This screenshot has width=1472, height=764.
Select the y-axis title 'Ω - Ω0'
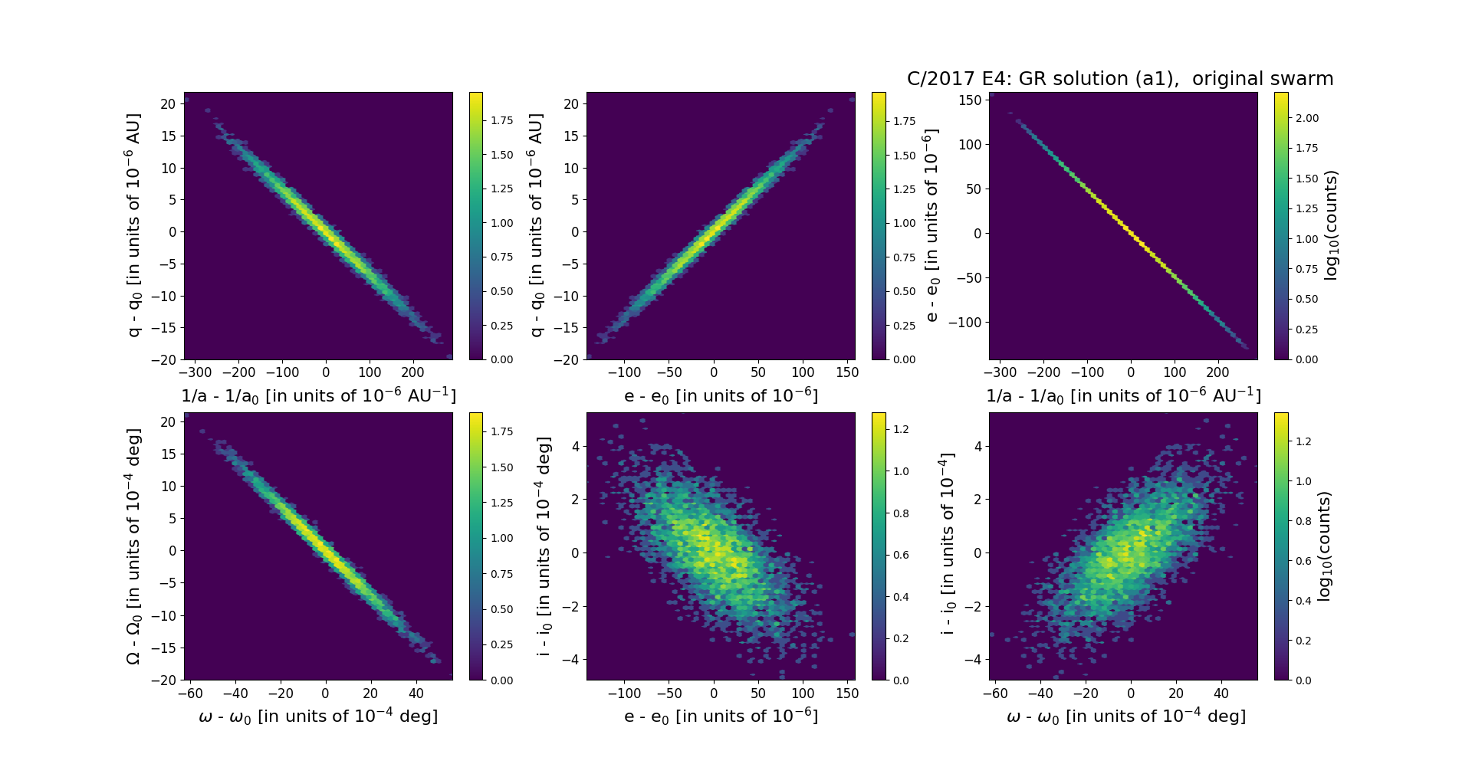click(x=133, y=546)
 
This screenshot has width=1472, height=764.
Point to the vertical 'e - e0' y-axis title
click(x=932, y=226)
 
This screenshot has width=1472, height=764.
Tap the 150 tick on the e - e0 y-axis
click(x=970, y=100)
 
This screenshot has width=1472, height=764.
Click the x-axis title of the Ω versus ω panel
click(x=318, y=716)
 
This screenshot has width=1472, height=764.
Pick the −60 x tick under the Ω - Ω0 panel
click(x=190, y=694)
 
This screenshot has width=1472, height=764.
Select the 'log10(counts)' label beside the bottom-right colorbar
click(x=1323, y=546)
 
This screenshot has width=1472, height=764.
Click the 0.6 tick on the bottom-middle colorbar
click(x=901, y=555)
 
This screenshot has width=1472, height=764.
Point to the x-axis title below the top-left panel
click(x=318, y=396)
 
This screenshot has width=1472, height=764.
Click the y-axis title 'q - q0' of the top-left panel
click(x=133, y=225)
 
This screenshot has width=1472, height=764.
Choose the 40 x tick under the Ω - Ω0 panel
click(x=416, y=694)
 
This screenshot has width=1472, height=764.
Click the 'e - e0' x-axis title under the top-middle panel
click(x=721, y=396)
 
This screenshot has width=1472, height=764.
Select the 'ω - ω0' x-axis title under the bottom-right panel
click(x=1125, y=716)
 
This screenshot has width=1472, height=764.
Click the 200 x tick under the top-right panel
click(x=1217, y=373)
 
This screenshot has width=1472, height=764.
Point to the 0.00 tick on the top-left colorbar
click(x=502, y=359)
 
